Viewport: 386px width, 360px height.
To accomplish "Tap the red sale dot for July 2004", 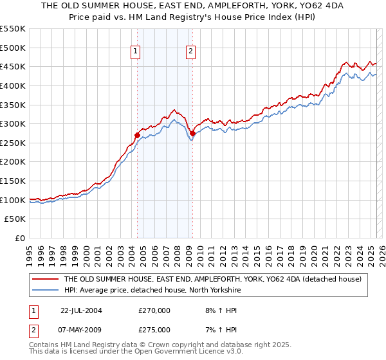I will [137, 135].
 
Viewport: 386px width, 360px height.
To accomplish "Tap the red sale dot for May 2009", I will [192, 133].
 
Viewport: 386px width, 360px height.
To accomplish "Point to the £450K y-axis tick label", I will [14, 66].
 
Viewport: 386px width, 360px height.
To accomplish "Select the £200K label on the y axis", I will [14, 162].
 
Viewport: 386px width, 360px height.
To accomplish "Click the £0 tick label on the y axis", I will [21, 238].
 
